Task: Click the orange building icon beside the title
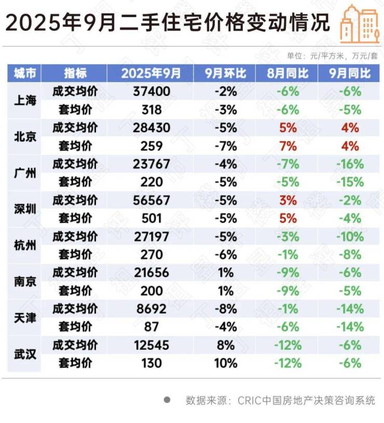pos(359,23)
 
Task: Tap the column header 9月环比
pos(225,73)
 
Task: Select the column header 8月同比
pos(287,73)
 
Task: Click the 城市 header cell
pos(25,73)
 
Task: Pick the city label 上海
pos(25,101)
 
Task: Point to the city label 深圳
pos(25,209)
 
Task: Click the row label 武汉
pos(25,353)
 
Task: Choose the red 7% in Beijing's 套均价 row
pos(287,146)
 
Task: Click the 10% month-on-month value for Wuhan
pos(225,363)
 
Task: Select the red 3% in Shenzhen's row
pos(287,200)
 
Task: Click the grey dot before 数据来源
pos(167,400)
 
